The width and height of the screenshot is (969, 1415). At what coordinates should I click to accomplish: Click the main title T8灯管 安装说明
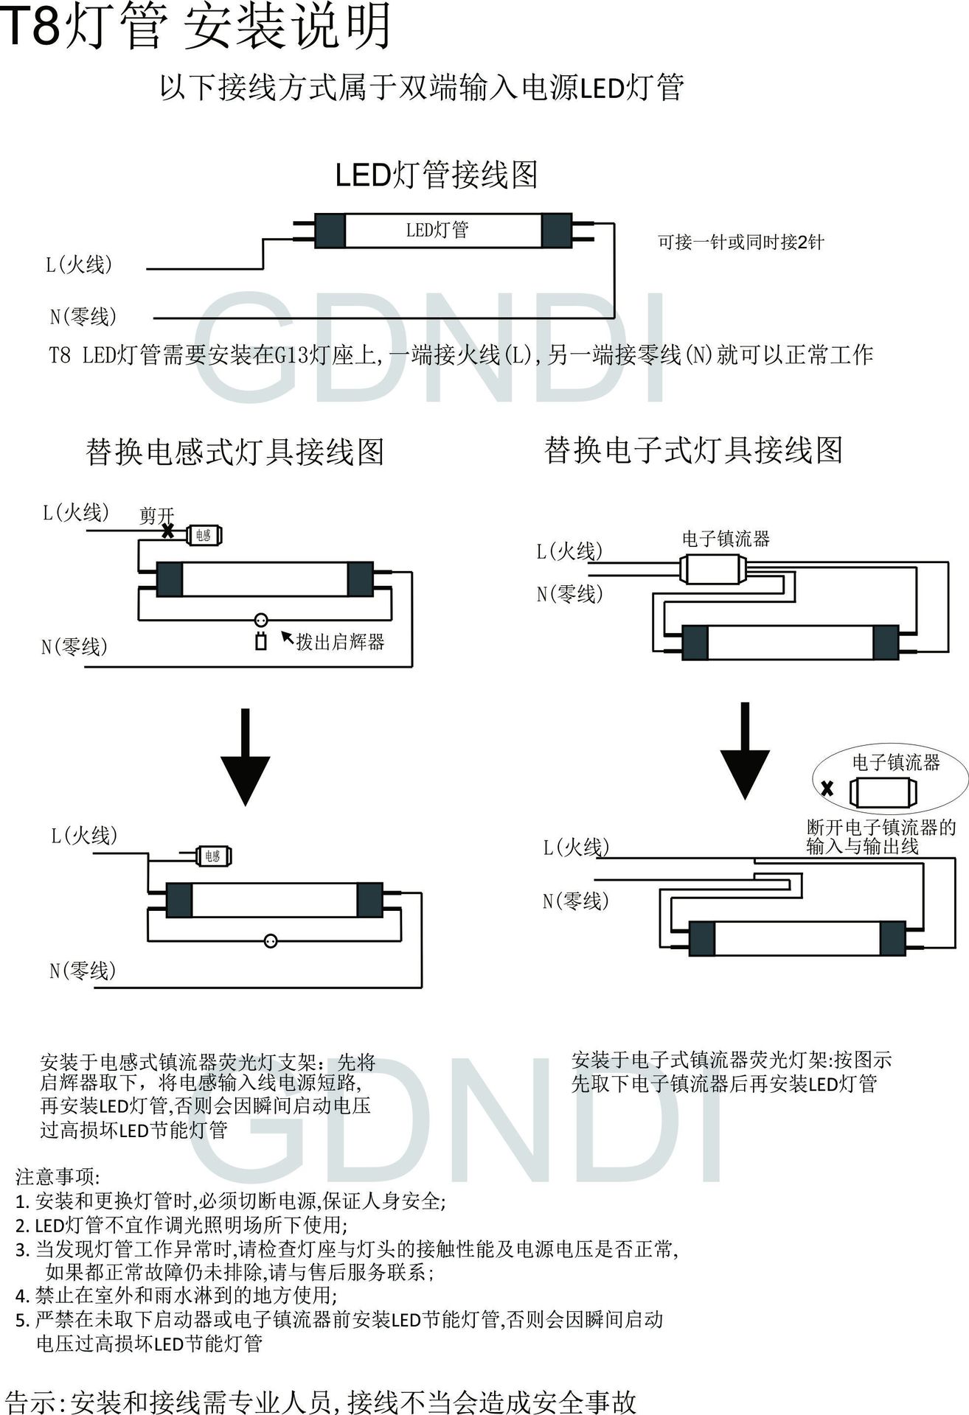[195, 28]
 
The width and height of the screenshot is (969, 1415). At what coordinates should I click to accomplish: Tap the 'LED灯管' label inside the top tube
[437, 230]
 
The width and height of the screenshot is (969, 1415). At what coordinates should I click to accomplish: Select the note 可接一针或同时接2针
[740, 242]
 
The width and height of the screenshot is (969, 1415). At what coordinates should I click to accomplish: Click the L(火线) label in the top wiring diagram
[80, 265]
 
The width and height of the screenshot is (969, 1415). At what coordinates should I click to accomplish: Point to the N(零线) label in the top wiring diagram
[83, 317]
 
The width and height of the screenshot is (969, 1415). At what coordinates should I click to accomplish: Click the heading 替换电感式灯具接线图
[235, 451]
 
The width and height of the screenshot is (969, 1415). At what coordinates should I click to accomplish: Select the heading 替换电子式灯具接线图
[693, 450]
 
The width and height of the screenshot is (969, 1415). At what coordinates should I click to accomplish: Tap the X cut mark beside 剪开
[168, 530]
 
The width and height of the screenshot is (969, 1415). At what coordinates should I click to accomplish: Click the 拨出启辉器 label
[340, 641]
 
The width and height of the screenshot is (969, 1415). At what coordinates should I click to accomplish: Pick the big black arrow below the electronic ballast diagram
[745, 751]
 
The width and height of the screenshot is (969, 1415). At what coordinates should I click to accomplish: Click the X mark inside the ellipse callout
[827, 789]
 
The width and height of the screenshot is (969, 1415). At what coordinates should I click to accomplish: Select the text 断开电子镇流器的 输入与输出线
[881, 836]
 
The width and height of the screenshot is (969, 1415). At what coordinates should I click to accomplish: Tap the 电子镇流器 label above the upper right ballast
[726, 539]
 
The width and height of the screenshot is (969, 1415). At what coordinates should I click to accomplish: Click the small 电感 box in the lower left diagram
[213, 856]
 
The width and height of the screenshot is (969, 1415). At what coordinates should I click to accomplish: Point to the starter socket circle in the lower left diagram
[271, 940]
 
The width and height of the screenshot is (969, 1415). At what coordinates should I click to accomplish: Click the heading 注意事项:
[58, 1176]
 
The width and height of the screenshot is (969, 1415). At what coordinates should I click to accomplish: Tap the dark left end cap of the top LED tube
[330, 231]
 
